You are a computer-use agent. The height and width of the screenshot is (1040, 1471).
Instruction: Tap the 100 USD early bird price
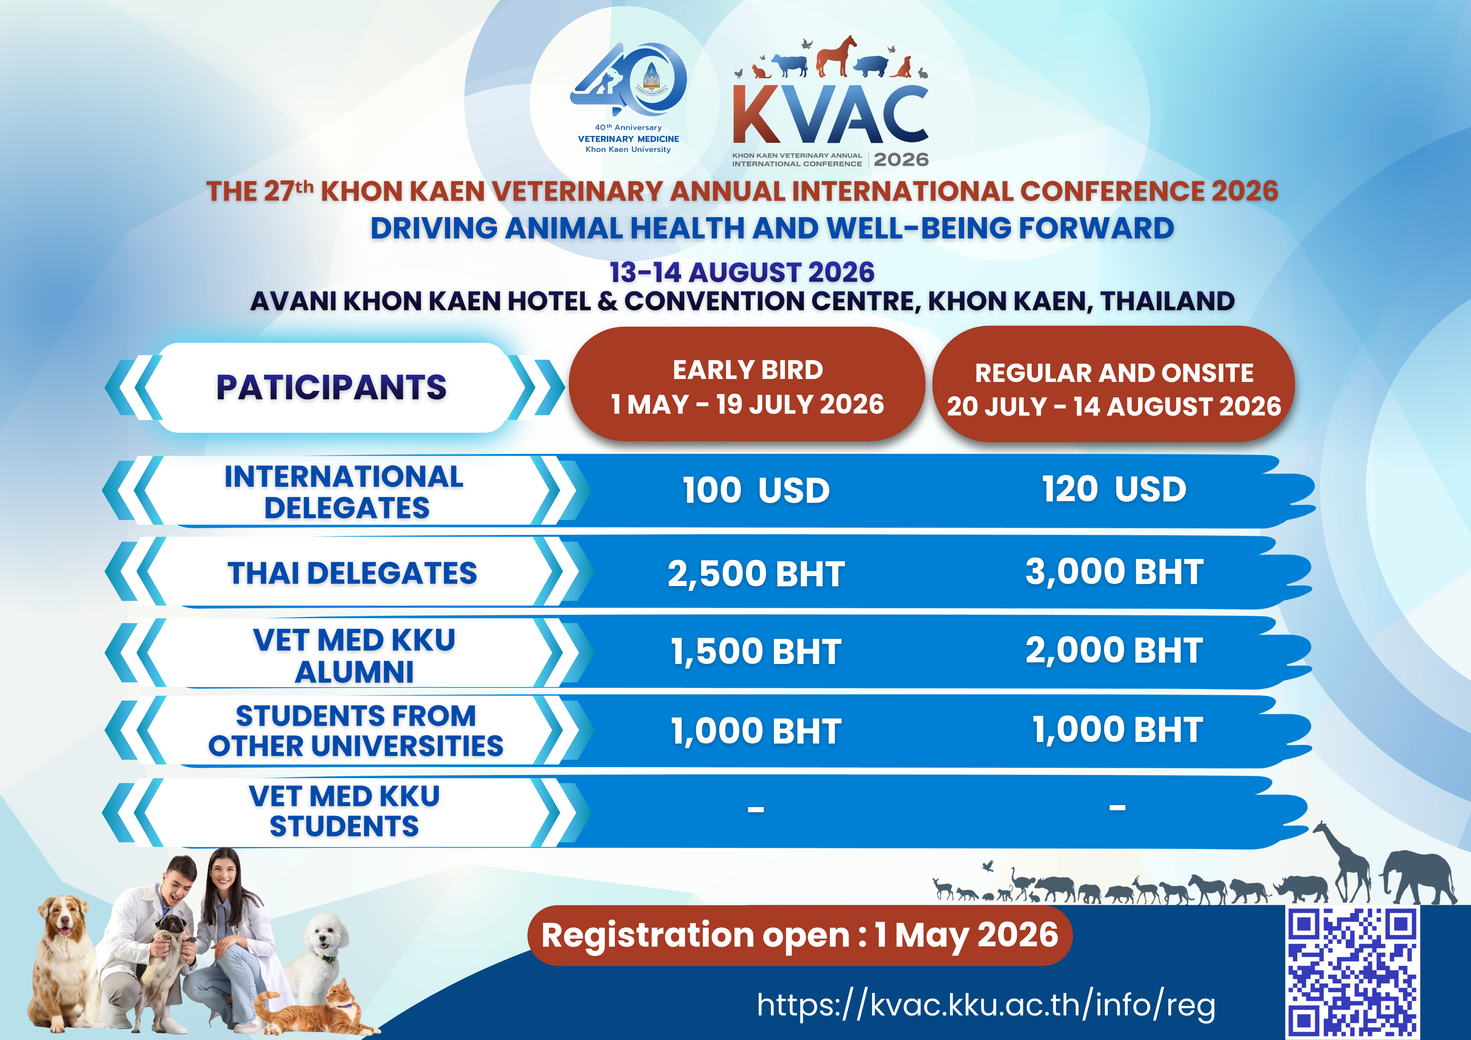click(756, 491)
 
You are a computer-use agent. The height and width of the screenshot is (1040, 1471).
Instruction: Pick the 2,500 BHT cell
click(756, 573)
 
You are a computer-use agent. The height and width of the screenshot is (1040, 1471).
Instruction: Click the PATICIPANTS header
click(331, 388)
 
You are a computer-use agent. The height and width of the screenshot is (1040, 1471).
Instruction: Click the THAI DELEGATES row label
click(353, 573)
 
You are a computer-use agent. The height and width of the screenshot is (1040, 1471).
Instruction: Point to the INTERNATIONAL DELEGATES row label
click(344, 492)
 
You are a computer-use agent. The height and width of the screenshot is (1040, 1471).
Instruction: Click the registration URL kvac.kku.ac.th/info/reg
click(986, 1004)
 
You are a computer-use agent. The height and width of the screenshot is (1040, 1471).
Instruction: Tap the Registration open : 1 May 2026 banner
click(800, 935)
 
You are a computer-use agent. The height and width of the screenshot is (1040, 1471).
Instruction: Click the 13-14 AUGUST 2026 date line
click(742, 272)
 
